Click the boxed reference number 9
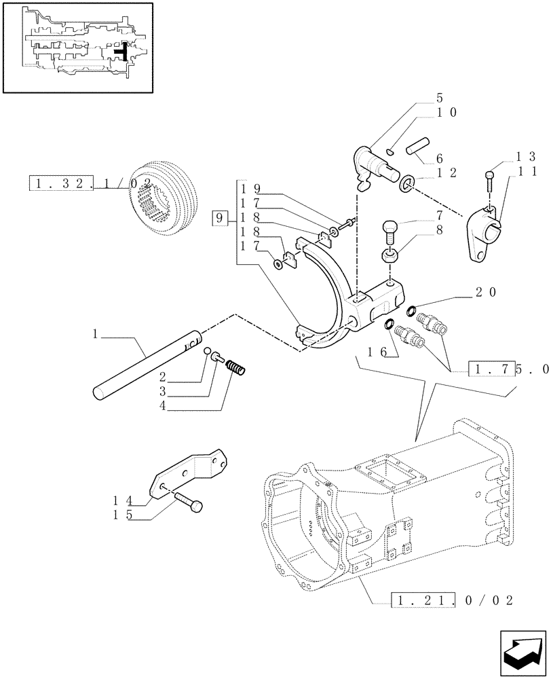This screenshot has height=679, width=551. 220,219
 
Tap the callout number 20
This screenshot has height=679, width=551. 486,293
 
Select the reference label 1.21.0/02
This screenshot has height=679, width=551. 451,600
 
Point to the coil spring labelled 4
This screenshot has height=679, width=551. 235,368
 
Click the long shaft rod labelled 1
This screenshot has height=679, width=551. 147,363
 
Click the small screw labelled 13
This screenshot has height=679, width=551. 489,180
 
